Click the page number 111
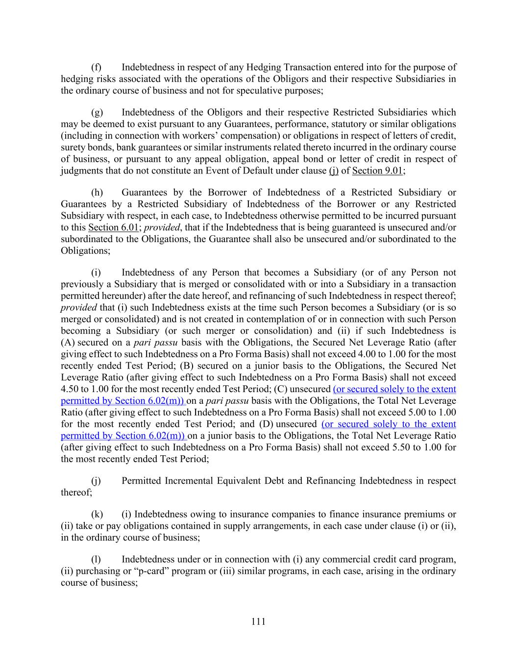[258, 621]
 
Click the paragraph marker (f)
[97, 67]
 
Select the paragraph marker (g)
[97, 112]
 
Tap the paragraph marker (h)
[97, 193]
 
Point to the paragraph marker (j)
[97, 481]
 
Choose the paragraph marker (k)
[97, 514]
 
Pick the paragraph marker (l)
[97, 559]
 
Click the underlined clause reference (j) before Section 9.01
[334, 171]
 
